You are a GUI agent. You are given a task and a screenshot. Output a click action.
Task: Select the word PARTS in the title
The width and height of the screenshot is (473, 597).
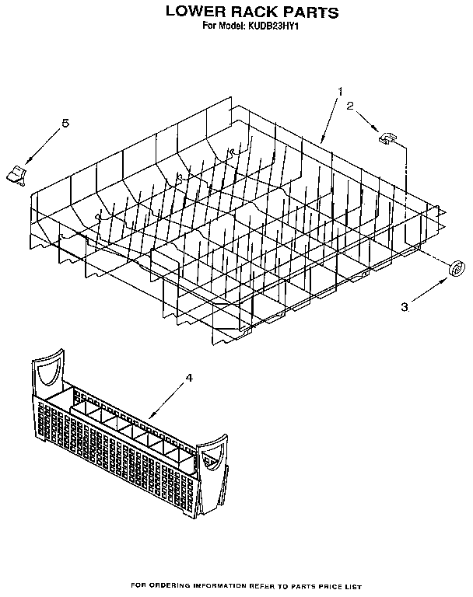coord(310,12)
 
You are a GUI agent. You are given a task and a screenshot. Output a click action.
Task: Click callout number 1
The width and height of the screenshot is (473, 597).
coord(340,92)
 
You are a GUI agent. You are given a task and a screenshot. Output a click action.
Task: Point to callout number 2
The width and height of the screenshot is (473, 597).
coord(350,106)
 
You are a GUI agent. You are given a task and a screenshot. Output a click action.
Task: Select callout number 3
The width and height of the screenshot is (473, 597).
coord(405,307)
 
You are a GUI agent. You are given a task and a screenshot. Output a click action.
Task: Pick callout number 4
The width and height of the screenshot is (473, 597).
coord(189,378)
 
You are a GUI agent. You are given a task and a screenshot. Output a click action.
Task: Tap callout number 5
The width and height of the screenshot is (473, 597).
coord(66,123)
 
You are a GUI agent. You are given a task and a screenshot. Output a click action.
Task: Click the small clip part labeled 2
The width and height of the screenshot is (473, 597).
coord(387,138)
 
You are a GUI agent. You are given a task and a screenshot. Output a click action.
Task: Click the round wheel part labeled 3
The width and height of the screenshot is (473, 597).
coord(457,268)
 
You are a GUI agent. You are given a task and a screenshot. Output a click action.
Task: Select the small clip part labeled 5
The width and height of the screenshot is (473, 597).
coord(16,175)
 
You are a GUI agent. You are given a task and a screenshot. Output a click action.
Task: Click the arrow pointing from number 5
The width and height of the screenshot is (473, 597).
coord(43,147)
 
